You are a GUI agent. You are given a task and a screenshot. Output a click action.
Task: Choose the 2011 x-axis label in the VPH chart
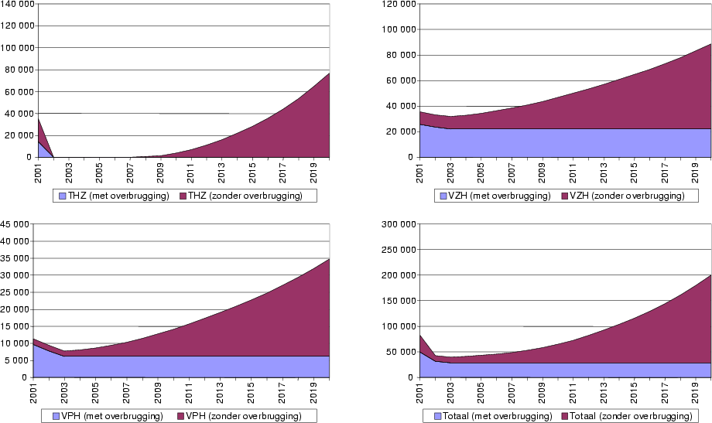[x=190, y=392]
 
